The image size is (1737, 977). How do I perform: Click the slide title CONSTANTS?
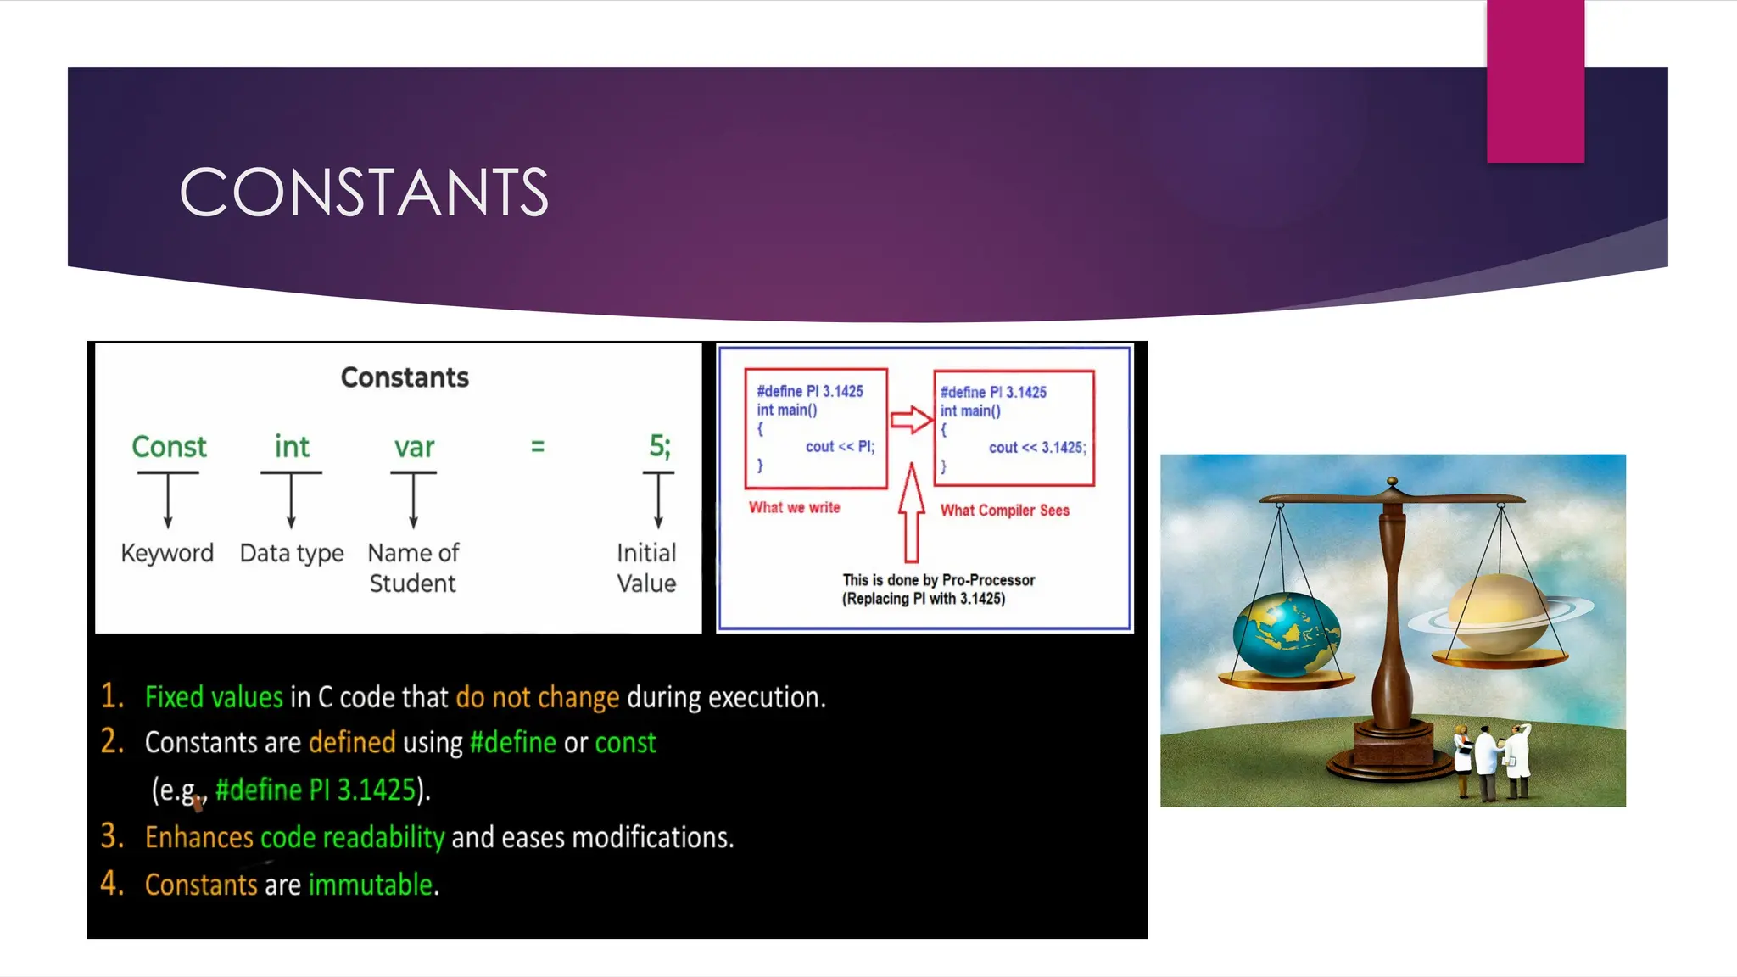click(365, 193)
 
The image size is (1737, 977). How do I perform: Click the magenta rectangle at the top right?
click(1535, 81)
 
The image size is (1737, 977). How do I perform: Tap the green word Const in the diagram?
click(169, 447)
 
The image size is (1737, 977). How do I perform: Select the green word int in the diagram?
click(291, 447)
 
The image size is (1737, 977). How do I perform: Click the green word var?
click(414, 447)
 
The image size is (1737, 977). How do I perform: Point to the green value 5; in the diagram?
click(659, 446)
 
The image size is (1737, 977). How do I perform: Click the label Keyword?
click(167, 553)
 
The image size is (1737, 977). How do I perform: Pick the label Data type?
click(292, 553)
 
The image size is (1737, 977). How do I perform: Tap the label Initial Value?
click(646, 568)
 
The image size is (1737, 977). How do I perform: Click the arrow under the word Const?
click(168, 500)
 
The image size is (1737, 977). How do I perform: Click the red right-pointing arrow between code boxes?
click(911, 419)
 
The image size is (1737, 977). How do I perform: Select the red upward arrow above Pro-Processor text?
click(911, 513)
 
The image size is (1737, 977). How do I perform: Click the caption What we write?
click(794, 507)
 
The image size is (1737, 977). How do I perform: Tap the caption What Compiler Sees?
click(1004, 511)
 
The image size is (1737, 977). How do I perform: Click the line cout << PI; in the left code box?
click(839, 447)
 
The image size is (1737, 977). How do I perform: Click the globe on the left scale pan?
click(1286, 634)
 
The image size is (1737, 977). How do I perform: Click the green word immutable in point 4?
click(371, 885)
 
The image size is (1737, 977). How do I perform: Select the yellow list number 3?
click(112, 836)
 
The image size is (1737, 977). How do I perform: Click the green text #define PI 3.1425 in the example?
click(315, 790)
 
